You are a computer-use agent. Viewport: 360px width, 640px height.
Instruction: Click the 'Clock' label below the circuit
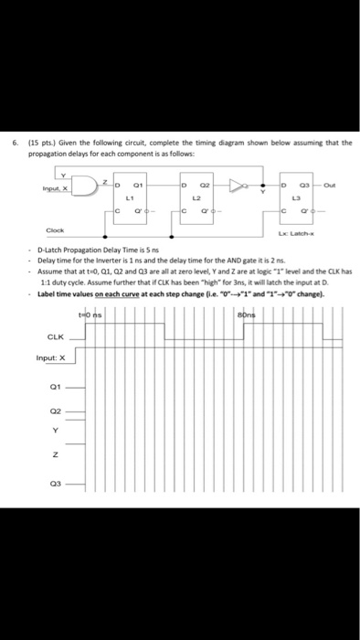point(57,231)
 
